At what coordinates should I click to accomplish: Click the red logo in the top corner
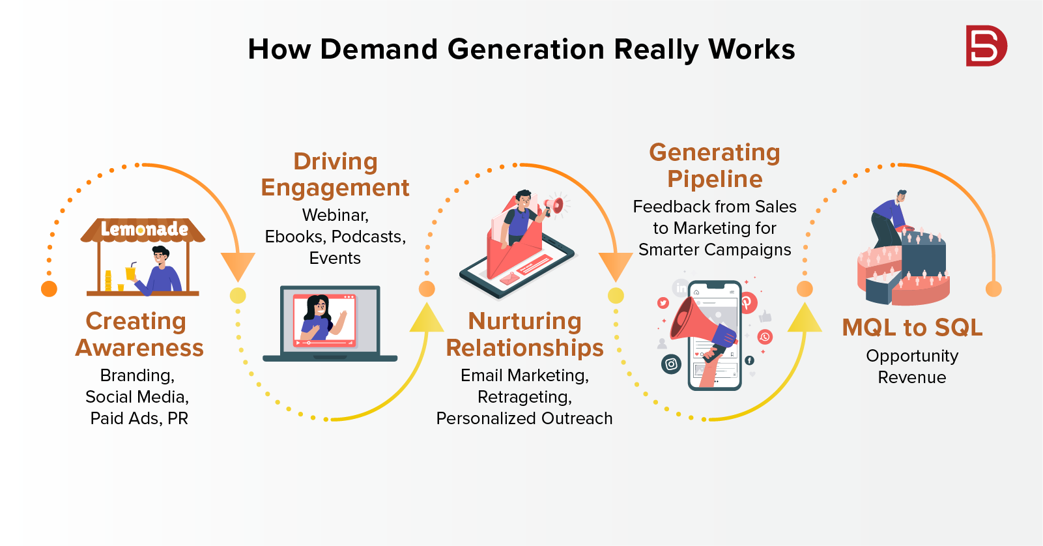(x=986, y=46)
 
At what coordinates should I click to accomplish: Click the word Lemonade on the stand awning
(x=145, y=229)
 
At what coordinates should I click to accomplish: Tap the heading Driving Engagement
(x=336, y=175)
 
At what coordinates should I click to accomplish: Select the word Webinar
(x=336, y=215)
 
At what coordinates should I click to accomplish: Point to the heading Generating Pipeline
(x=715, y=166)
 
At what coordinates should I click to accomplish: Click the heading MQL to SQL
(x=912, y=328)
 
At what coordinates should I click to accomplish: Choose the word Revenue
(x=912, y=377)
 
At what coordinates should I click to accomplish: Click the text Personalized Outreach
(x=524, y=418)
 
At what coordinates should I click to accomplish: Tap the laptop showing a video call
(x=330, y=324)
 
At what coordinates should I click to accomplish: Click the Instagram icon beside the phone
(x=671, y=364)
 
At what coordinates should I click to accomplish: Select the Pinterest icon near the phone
(x=747, y=303)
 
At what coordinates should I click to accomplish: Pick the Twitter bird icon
(x=663, y=303)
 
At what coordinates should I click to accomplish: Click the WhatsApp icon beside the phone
(x=765, y=337)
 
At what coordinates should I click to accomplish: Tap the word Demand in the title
(x=379, y=49)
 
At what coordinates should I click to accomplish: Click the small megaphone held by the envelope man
(x=554, y=205)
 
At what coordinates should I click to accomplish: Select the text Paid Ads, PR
(x=139, y=418)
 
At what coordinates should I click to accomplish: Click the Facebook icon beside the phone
(x=749, y=360)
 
